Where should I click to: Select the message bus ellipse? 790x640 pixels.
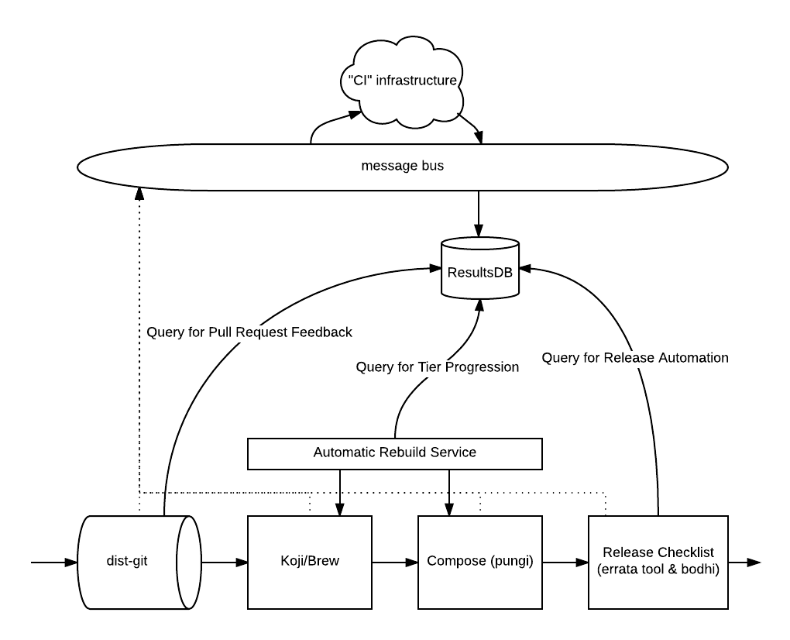(232, 167)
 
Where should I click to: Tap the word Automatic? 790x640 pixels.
(344, 452)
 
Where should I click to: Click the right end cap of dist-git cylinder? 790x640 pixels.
(188, 562)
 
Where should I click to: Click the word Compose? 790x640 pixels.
(456, 561)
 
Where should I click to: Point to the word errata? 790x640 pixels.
(619, 569)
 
